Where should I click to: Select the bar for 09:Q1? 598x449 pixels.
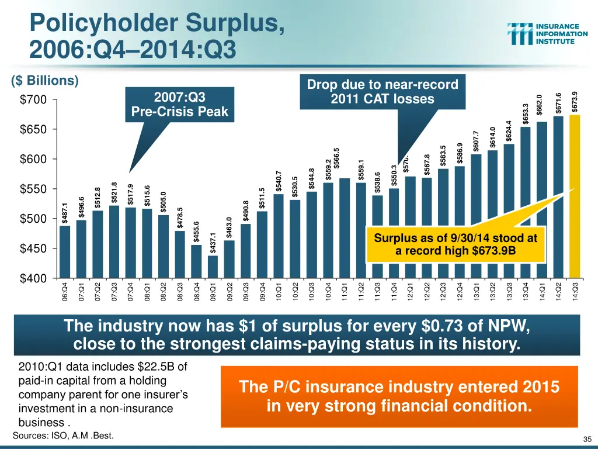tap(213, 267)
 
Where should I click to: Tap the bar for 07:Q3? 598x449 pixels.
tap(114, 241)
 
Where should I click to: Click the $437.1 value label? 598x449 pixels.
tap(213, 243)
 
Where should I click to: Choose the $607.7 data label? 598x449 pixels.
tap(476, 141)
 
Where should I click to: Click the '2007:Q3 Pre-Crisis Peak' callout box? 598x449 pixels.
tap(179, 104)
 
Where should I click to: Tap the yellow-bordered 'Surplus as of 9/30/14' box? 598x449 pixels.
tap(456, 244)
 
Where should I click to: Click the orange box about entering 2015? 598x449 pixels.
tap(399, 396)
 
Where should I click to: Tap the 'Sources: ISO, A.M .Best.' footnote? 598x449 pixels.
tap(63, 436)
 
